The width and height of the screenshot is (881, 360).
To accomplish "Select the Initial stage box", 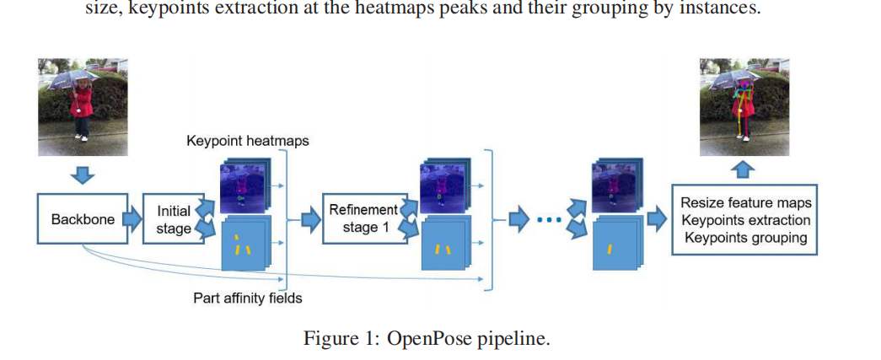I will click(172, 219).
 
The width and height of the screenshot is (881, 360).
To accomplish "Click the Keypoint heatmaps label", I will click(247, 141).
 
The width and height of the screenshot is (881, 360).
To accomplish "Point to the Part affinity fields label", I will click(247, 298).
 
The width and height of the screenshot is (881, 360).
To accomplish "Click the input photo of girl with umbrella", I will click(82, 106).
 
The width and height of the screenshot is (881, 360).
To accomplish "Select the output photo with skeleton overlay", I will click(744, 106).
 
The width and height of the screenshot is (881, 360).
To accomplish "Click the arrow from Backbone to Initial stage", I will click(131, 218).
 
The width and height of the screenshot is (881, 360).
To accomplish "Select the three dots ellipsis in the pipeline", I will click(549, 221).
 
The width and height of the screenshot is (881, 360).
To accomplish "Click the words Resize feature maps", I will click(745, 203).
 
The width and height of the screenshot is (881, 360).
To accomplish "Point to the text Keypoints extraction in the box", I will click(745, 220).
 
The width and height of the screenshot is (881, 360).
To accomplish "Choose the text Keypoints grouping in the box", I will click(745, 238).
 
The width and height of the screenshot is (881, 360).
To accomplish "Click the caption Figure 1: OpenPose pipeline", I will click(427, 338).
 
